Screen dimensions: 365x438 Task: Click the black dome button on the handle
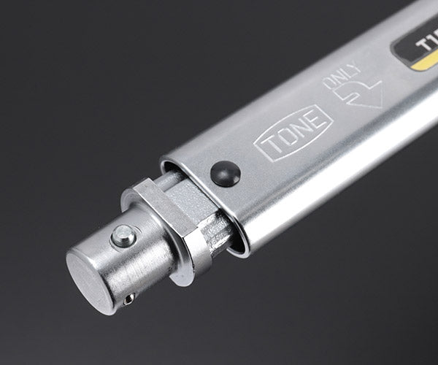(225, 174)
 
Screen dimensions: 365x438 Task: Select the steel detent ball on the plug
(123, 235)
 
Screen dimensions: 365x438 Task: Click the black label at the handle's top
(416, 47)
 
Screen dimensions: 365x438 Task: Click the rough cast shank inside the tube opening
(208, 219)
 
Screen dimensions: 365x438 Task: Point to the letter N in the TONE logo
(300, 130)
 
